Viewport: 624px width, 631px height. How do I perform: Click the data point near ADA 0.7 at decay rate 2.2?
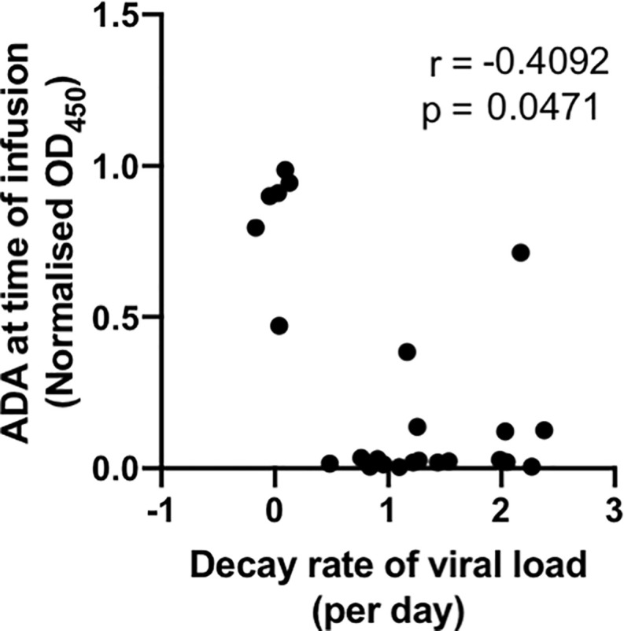520,253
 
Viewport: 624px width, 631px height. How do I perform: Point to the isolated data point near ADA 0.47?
279,326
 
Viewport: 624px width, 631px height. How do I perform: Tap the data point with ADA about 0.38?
407,352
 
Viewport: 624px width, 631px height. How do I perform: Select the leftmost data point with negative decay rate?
255,227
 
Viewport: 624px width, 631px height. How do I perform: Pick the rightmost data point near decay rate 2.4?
544,430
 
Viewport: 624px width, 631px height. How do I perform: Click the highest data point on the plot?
285,170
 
